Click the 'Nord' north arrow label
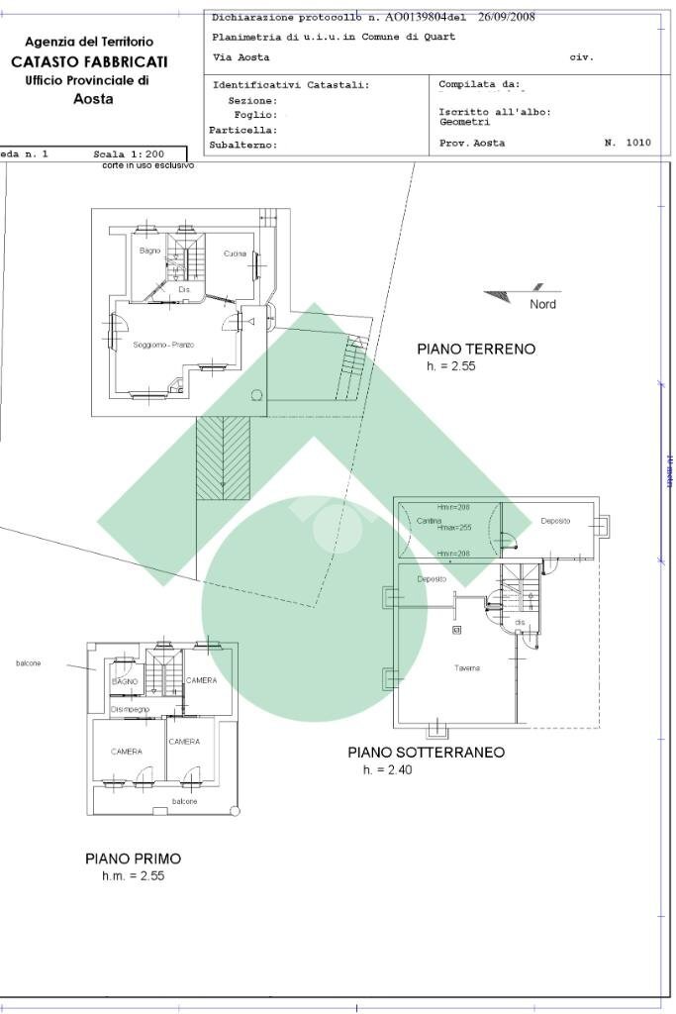click(542, 304)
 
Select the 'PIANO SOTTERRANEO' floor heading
click(426, 753)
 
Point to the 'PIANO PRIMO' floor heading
click(133, 859)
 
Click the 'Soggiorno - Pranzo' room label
click(163, 344)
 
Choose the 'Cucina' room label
click(235, 254)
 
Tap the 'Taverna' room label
click(467, 668)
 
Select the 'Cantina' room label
click(428, 521)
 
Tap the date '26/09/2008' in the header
click(506, 17)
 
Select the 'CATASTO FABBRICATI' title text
click(89, 61)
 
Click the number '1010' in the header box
click(638, 144)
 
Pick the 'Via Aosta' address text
click(234, 57)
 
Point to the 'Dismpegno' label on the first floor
click(130, 710)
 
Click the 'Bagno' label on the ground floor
click(149, 251)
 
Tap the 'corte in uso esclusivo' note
click(147, 165)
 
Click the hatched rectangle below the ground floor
click(224, 457)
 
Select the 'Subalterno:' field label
click(242, 146)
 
